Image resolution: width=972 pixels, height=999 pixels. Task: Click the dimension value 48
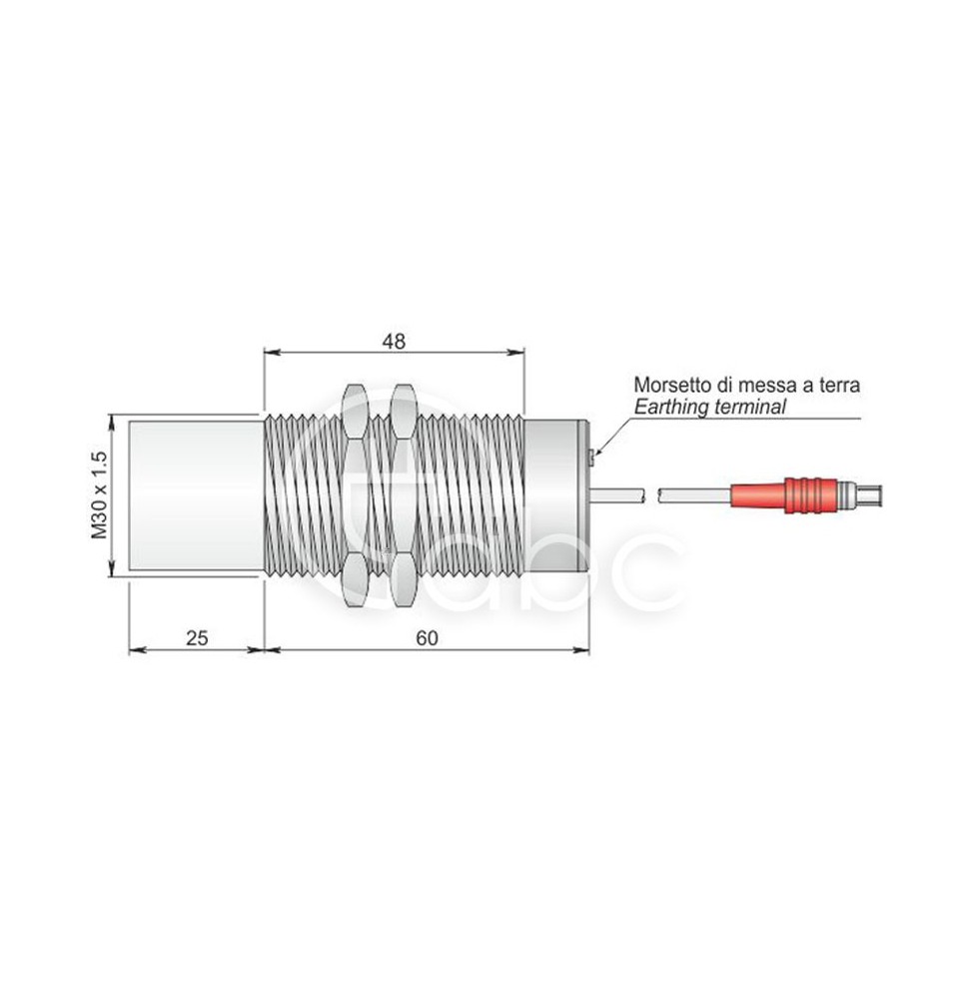tap(394, 342)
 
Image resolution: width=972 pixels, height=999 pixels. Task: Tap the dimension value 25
tap(197, 637)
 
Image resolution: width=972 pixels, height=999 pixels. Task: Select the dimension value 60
tap(427, 637)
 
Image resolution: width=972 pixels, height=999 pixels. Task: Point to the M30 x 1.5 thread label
tap(99, 496)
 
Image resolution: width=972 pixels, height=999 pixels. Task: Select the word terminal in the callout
tap(751, 407)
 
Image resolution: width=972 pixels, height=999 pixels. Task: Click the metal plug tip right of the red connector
tap(860, 494)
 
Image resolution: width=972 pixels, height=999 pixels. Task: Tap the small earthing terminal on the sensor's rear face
tap(592, 457)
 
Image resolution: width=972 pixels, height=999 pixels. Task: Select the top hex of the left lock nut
tap(356, 411)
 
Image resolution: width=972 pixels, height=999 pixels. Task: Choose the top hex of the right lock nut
tap(403, 411)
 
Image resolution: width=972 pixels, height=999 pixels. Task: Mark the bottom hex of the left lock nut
tap(356, 579)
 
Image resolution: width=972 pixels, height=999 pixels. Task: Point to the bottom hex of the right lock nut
tap(403, 579)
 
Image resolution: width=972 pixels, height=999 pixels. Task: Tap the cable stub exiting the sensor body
tap(617, 495)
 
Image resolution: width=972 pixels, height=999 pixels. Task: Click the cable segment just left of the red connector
tap(695, 495)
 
